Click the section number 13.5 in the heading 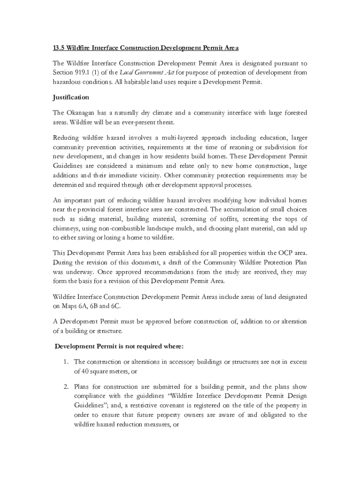tap(58, 48)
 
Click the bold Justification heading tap(71, 97)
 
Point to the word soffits tap(227, 219)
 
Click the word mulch tap(182, 229)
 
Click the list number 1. tap(66, 362)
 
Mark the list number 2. tap(66, 387)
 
